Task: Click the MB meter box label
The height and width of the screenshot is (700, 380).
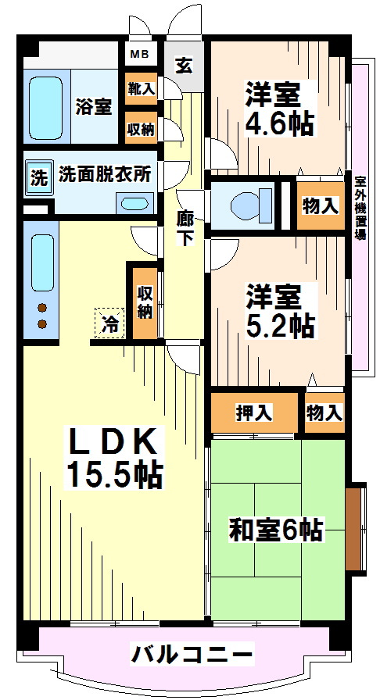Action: pos(141,55)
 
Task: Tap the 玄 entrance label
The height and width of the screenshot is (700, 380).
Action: pos(184,66)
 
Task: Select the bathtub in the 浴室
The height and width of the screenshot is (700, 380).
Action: pos(45,107)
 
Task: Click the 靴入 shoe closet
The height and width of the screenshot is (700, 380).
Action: pos(141,89)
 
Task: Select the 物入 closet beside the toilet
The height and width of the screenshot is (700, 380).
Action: pos(320,205)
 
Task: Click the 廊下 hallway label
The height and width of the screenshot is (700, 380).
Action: pos(185,227)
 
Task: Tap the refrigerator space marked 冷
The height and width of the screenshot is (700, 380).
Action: pos(109,323)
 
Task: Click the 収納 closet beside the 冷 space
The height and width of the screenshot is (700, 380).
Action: pos(145,303)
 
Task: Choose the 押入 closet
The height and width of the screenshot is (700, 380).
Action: pos(253,413)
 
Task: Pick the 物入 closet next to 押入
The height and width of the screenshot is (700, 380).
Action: pos(324,413)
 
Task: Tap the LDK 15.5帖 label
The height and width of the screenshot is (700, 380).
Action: pos(114,458)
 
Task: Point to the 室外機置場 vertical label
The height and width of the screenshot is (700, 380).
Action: pos(359,208)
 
